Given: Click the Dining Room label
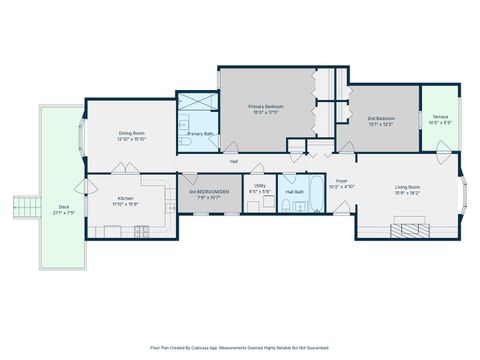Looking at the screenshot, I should point(131,133).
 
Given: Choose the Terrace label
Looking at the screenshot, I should point(440,117).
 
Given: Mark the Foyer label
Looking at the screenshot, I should point(341,182).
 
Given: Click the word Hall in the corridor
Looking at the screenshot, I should point(234,161).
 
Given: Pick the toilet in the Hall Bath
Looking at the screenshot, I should point(286,208).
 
